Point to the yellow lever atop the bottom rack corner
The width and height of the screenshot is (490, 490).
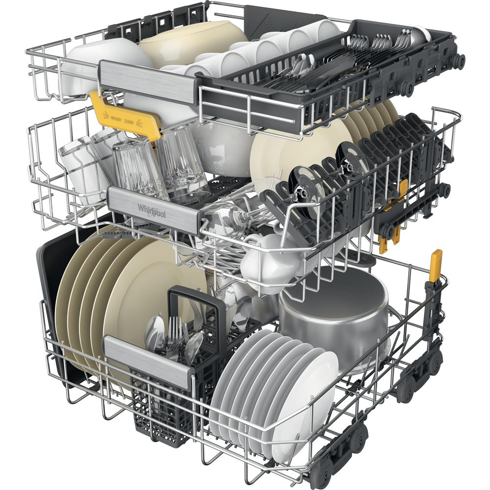(435, 265)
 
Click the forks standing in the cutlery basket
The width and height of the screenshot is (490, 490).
(174, 328)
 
